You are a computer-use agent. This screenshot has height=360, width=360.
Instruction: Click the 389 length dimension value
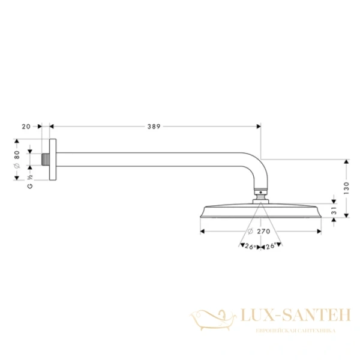coord(155,127)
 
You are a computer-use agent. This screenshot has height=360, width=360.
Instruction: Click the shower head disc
coord(259,211)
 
